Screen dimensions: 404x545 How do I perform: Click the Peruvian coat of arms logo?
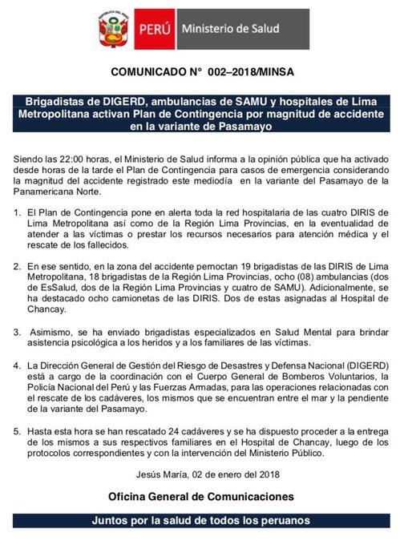click(x=110, y=30)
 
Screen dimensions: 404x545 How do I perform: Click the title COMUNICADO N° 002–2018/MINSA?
click(x=202, y=71)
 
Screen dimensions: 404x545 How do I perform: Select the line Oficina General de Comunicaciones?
click(x=202, y=497)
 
